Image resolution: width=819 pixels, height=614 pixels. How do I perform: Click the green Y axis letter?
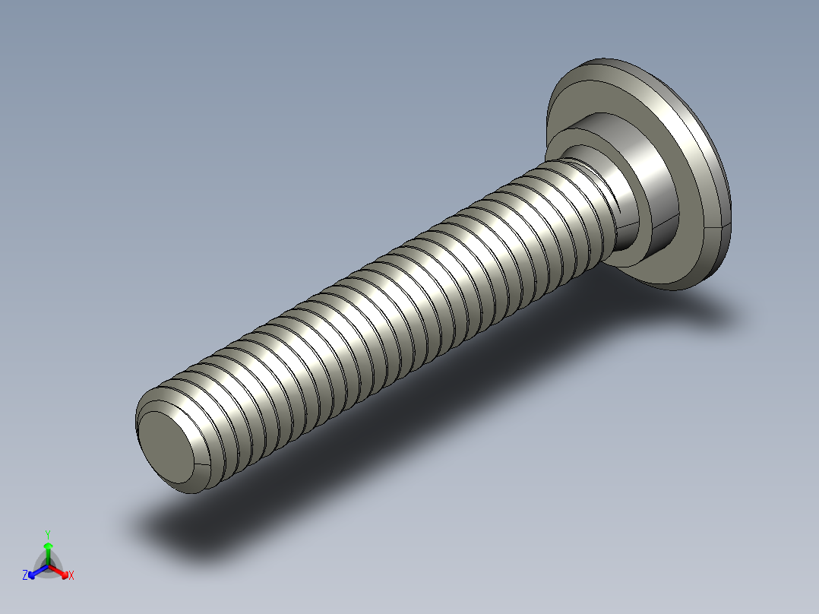48,533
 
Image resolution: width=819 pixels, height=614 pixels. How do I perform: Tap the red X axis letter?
71,576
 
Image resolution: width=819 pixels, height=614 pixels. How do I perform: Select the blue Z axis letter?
25,576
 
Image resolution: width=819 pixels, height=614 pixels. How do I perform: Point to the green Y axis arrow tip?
48,546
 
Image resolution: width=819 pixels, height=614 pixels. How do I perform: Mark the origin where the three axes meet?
48,565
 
